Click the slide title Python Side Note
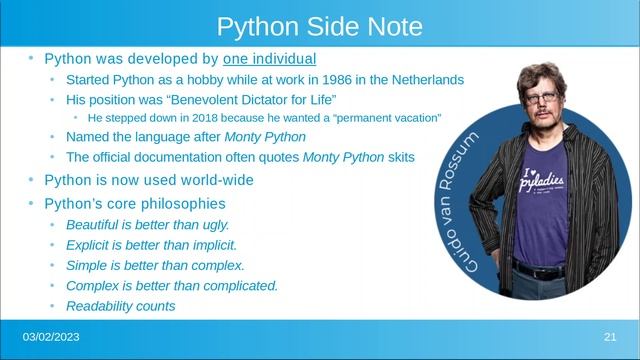pos(319,25)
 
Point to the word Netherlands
pos(428,79)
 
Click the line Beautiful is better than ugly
pos(147,225)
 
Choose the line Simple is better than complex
pos(155,265)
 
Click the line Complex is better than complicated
pos(171,285)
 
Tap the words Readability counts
pos(120,306)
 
